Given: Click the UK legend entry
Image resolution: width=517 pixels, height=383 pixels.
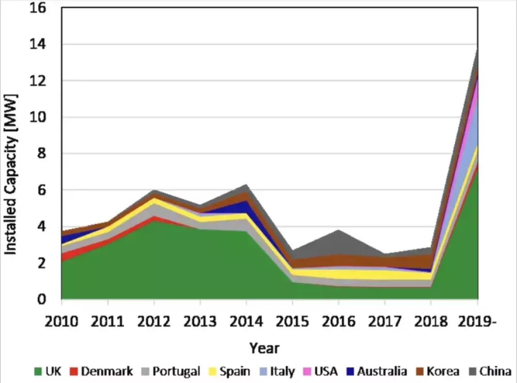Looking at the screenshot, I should click(49, 371).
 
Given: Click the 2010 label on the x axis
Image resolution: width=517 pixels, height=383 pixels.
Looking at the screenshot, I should click(62, 321).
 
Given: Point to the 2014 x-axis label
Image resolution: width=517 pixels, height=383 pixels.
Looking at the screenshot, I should click(246, 321).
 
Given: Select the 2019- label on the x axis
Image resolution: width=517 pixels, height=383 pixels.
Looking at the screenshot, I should click(478, 321).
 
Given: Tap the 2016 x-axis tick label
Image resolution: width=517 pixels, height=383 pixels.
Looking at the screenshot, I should click(339, 321).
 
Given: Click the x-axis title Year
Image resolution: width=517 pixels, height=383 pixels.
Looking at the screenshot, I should click(265, 347).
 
